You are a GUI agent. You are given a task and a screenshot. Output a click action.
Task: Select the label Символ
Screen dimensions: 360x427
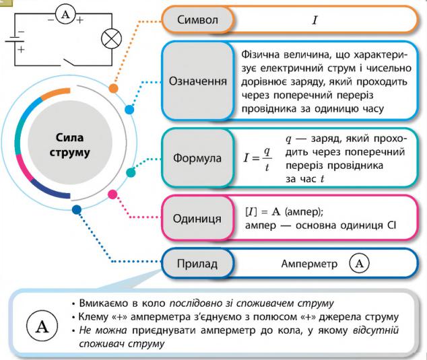[197, 20]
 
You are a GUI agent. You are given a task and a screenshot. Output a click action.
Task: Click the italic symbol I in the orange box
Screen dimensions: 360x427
[314, 20]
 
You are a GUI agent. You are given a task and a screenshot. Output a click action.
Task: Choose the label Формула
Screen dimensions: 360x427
[197, 159]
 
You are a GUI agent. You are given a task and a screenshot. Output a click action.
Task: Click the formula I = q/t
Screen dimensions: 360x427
[257, 159]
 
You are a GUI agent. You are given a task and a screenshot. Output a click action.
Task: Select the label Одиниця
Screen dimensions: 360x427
[197, 219]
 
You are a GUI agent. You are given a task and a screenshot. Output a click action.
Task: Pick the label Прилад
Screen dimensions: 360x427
[197, 263]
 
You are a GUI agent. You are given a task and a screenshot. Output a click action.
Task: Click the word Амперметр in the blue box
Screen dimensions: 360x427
[309, 263]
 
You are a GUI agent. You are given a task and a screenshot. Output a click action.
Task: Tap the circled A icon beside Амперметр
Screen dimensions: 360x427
[359, 263]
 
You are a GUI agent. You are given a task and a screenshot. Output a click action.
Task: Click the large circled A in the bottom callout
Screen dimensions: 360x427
[42, 327]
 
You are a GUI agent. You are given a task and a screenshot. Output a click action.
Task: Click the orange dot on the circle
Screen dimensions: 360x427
[113, 88]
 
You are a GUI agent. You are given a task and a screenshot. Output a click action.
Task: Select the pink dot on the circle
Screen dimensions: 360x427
[112, 194]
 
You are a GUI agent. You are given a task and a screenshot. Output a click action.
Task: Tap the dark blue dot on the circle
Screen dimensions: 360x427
[77, 210]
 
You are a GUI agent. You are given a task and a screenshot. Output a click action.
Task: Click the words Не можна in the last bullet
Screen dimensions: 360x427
[97, 330]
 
